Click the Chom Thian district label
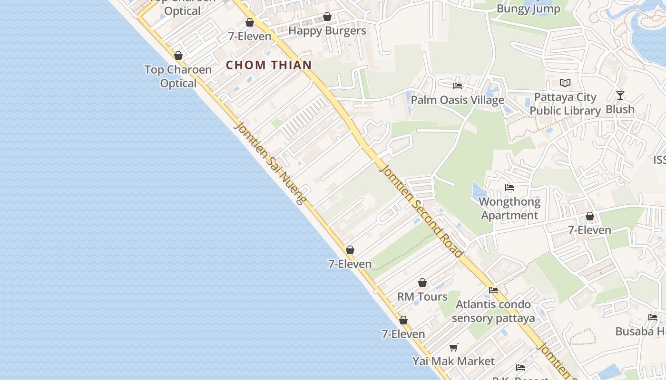(x=269, y=65)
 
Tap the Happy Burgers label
(x=327, y=31)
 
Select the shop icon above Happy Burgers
(x=327, y=17)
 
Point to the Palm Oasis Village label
(x=457, y=100)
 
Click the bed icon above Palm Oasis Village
(x=458, y=86)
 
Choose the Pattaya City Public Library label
(x=565, y=104)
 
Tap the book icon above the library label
(x=565, y=83)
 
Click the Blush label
(x=620, y=109)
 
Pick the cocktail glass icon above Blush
(x=620, y=95)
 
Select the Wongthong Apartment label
(x=509, y=209)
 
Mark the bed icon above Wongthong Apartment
(x=509, y=188)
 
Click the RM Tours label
(x=422, y=297)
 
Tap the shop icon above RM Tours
(x=422, y=283)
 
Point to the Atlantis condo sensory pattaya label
(x=493, y=311)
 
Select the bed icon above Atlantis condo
(x=493, y=290)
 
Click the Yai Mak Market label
(x=453, y=361)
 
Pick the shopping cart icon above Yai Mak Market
(x=454, y=347)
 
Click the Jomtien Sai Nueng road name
(x=270, y=163)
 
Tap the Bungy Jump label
(x=528, y=9)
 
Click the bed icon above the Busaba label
(x=653, y=317)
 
